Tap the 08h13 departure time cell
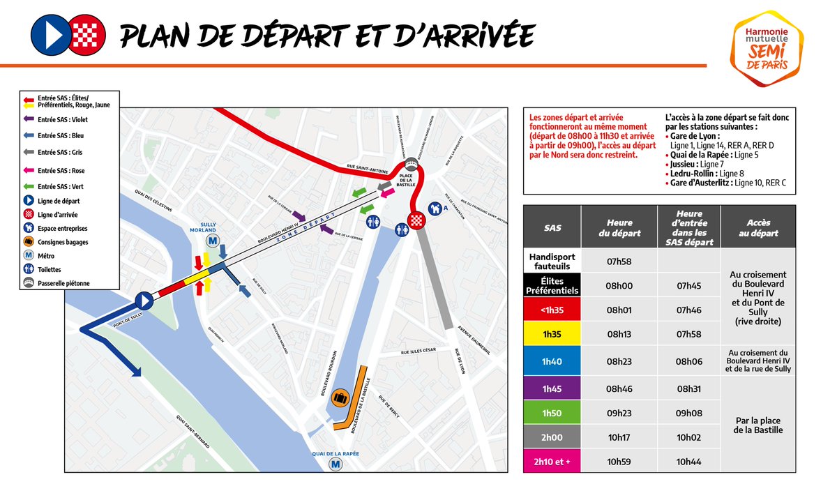(x=619, y=334)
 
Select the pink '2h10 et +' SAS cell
(x=552, y=462)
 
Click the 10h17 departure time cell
(x=619, y=437)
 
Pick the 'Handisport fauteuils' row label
(x=552, y=261)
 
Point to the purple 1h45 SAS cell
(x=552, y=386)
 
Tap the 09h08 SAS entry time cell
(x=688, y=413)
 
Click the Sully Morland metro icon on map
(x=212, y=241)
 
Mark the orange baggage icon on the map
(x=340, y=397)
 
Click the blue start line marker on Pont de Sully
(x=144, y=301)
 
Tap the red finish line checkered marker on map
(x=416, y=222)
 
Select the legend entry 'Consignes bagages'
(x=63, y=243)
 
